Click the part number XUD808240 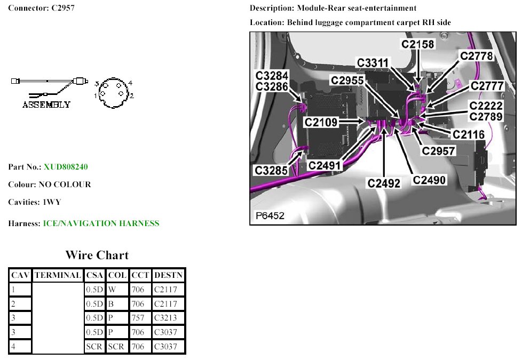pos(66,167)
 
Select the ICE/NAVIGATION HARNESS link pos(101,223)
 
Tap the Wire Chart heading pos(97,255)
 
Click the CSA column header pos(94,276)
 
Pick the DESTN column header pos(168,276)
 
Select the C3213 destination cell pos(165,318)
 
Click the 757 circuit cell pos(138,318)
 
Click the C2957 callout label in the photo pos(439,151)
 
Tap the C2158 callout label pos(418,44)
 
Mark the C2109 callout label pos(321,122)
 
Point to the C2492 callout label pos(384,183)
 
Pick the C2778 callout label pos(476,55)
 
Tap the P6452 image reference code pos(270,215)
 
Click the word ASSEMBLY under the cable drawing pos(46,105)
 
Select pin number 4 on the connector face pos(130,83)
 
